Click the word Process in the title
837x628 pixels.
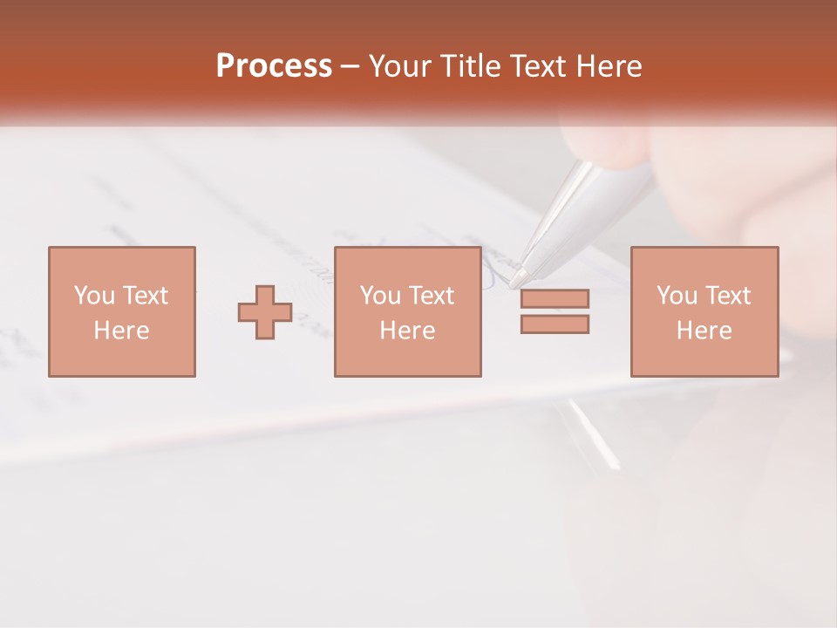pos(274,66)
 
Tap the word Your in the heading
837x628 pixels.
pos(401,66)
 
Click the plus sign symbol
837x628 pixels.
pos(265,312)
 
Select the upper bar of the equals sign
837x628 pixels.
pos(555,298)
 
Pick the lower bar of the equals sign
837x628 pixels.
pos(555,324)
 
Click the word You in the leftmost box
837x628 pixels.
pos(94,296)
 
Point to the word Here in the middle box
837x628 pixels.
pos(407,331)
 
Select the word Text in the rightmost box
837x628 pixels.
pos(726,296)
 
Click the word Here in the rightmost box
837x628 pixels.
pos(704,331)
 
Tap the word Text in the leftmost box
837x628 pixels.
pos(145,296)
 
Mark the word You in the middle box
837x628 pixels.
pos(381,296)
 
